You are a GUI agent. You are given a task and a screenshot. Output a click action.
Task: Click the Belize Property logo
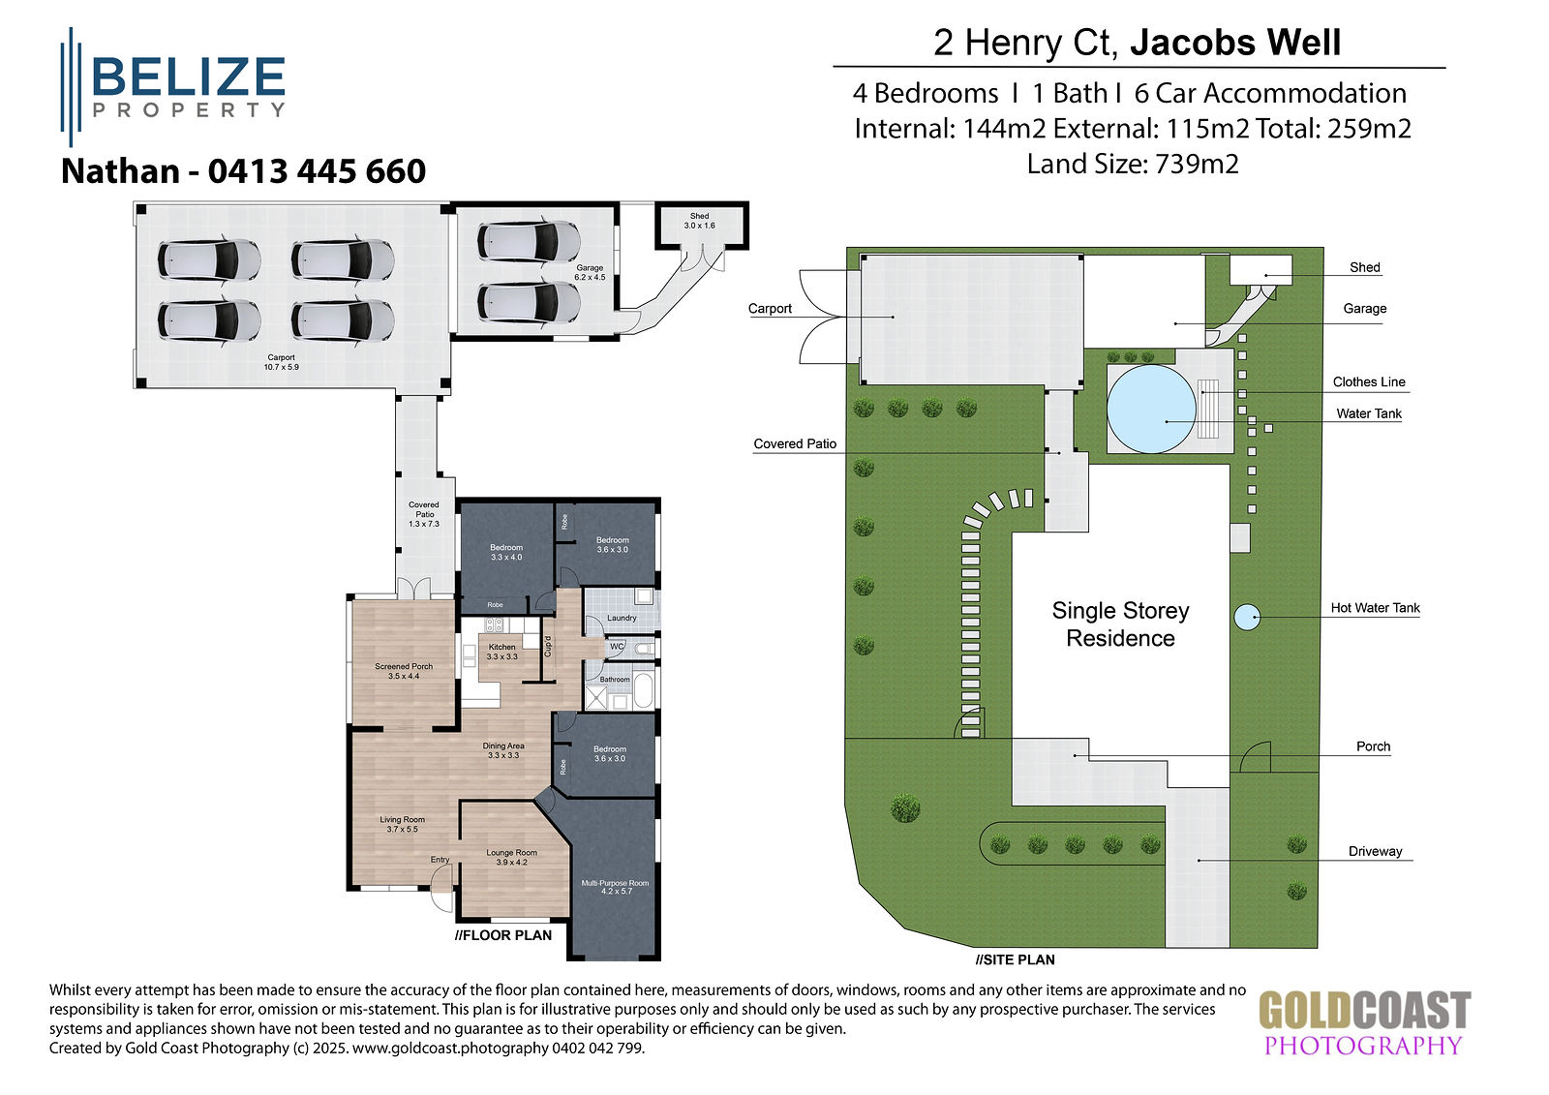click(x=173, y=87)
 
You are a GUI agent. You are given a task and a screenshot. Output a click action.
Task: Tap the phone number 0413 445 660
click(x=317, y=171)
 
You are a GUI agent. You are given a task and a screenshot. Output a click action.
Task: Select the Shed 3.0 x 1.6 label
click(x=699, y=221)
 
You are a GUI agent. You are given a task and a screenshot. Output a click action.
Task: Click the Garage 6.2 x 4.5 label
click(x=590, y=272)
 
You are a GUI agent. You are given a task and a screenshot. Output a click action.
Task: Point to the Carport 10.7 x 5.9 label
click(x=282, y=362)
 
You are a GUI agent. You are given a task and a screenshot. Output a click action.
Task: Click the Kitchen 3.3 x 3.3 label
click(x=502, y=652)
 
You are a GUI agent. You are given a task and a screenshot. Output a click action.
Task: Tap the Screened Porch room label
click(x=404, y=671)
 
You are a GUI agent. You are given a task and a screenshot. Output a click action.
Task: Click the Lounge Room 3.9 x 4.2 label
click(x=512, y=857)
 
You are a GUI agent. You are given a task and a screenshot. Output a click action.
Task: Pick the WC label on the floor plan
click(x=616, y=646)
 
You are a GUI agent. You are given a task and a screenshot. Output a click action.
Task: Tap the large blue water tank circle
click(x=1151, y=409)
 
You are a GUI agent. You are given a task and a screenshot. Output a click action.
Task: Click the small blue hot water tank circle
click(x=1247, y=617)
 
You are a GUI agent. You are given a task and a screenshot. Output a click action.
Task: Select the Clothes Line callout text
click(x=1369, y=381)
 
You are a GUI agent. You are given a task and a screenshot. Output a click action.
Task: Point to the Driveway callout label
click(x=1375, y=852)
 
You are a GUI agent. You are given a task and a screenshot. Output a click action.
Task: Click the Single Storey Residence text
click(x=1120, y=624)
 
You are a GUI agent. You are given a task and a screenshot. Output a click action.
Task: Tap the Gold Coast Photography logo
click(x=1364, y=1022)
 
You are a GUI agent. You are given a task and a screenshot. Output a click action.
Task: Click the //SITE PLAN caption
click(x=1016, y=959)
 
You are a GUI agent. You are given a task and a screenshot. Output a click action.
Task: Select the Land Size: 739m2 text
click(x=1133, y=164)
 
